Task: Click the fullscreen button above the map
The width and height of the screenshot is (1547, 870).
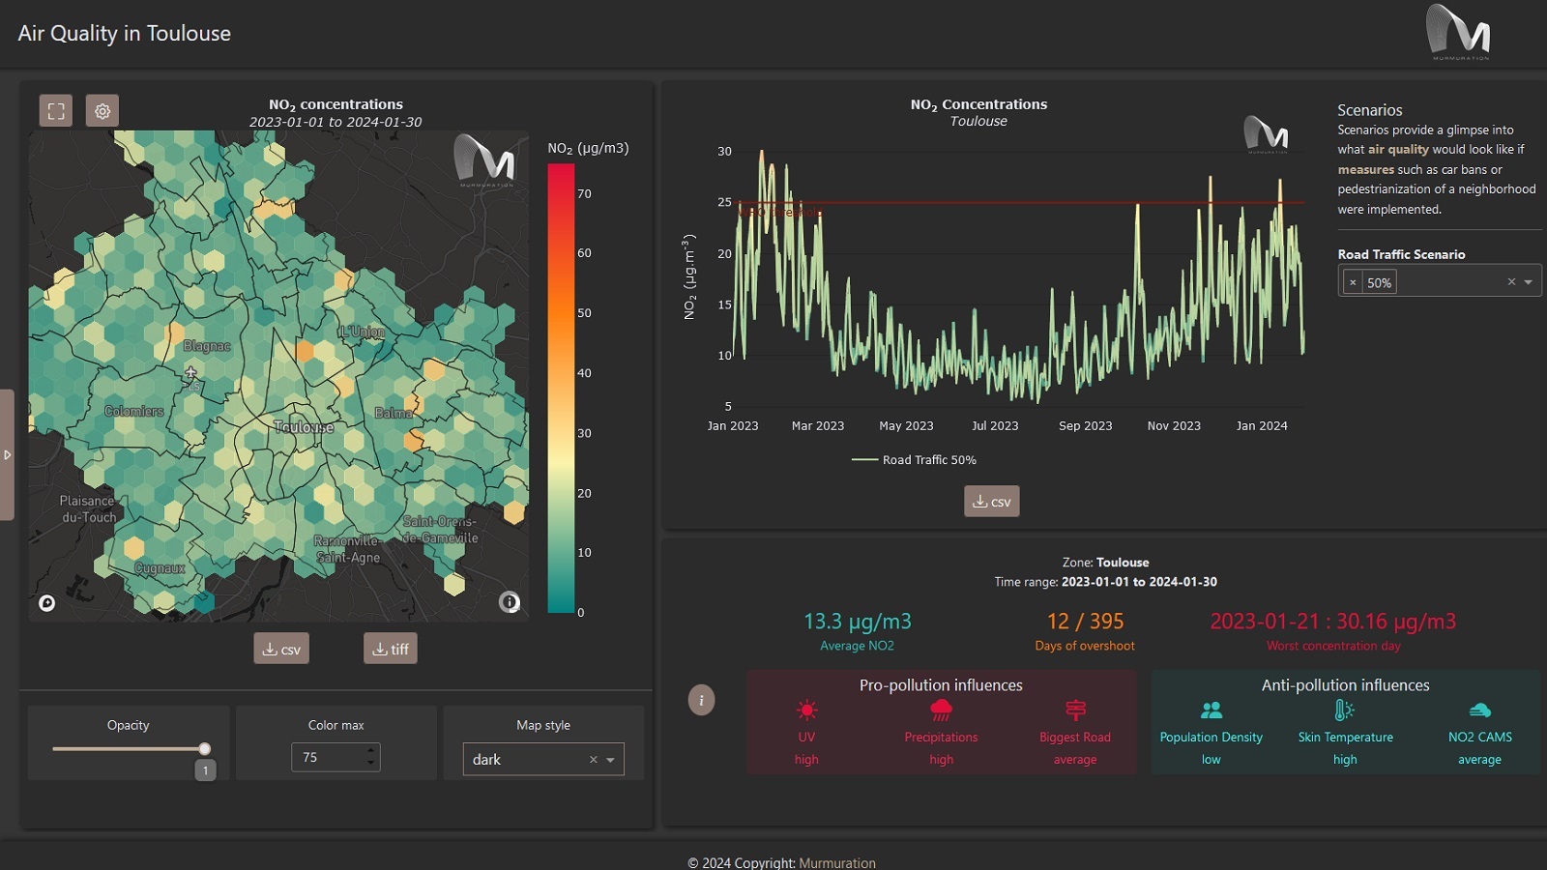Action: point(56,111)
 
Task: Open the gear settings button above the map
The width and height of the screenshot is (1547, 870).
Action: point(102,111)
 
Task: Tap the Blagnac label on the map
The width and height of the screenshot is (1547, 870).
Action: point(207,346)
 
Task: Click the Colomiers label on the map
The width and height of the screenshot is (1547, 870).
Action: point(134,412)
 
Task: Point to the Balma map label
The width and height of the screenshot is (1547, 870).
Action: point(394,414)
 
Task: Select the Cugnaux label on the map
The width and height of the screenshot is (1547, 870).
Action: point(160,568)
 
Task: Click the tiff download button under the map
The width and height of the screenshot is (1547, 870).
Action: point(391,649)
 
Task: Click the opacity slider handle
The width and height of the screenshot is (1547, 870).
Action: point(205,748)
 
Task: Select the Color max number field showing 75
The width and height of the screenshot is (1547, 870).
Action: point(329,757)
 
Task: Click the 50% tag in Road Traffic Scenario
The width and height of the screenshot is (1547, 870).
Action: point(1379,282)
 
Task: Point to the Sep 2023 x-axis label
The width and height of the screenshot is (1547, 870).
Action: point(1085,426)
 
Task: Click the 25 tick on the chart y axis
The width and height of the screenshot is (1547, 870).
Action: point(724,202)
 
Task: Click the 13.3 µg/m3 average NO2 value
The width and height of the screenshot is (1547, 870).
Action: point(857,622)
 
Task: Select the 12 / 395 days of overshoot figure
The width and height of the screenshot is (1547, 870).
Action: point(1085,622)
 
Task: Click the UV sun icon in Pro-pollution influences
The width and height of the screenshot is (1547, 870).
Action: point(806,710)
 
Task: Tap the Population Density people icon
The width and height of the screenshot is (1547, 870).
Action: point(1211,710)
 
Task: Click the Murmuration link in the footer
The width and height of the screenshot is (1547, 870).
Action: point(837,862)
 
